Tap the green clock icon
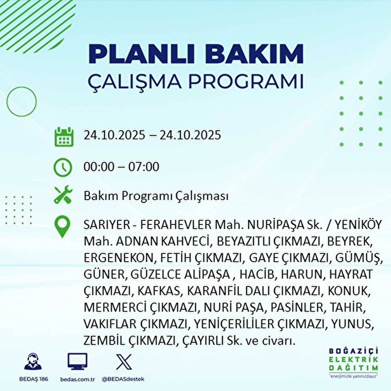pos(62,167)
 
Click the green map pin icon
pos(62,227)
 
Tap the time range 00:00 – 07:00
pos(122,167)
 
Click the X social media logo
pos(124,362)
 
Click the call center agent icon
pos(33,362)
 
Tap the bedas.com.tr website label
pos(78,379)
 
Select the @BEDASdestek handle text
pos(123,379)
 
